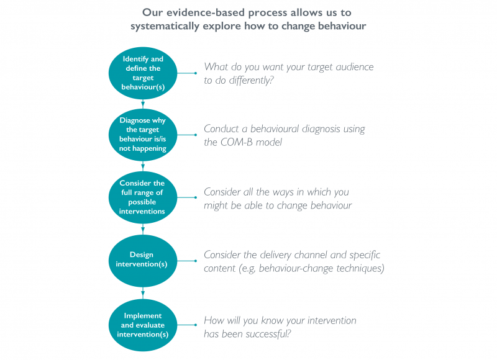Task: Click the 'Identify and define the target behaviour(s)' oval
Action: click(x=143, y=73)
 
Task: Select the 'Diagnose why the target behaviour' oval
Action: click(x=143, y=135)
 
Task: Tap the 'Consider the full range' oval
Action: click(x=143, y=197)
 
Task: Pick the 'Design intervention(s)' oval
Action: click(x=143, y=261)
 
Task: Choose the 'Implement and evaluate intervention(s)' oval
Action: click(x=143, y=325)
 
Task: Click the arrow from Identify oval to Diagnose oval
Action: click(x=143, y=104)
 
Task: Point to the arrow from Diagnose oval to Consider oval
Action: click(x=143, y=166)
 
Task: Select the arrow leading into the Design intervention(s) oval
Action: click(x=143, y=229)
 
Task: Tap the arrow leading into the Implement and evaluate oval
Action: click(x=143, y=293)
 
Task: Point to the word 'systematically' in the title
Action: click(x=165, y=26)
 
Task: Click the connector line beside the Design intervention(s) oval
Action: click(x=187, y=261)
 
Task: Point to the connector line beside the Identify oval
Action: click(x=187, y=73)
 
